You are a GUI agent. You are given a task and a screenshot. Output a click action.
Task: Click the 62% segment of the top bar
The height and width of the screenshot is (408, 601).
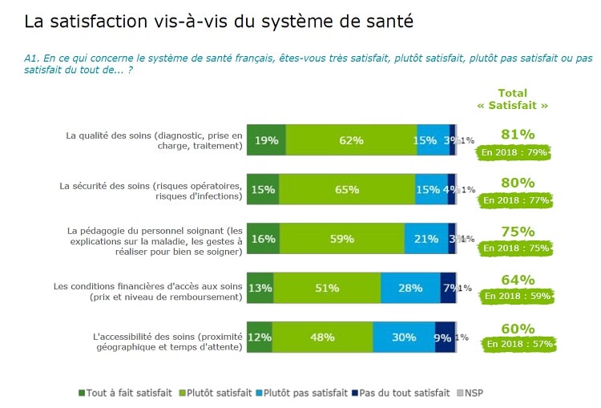(351, 140)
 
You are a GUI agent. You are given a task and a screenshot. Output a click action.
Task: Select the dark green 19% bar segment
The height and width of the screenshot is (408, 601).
(266, 140)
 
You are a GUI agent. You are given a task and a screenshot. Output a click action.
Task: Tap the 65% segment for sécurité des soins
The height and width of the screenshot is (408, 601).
(347, 189)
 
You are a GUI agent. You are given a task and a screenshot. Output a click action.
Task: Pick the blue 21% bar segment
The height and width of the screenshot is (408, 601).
(426, 239)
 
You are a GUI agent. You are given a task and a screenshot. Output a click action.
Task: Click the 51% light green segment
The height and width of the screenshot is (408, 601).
(326, 288)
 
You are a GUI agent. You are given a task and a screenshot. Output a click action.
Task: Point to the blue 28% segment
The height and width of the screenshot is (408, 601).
(410, 288)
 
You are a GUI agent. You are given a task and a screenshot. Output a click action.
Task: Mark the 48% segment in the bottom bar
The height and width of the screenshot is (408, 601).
(322, 337)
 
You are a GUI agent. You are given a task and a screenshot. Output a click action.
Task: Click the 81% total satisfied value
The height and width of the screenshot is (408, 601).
(517, 135)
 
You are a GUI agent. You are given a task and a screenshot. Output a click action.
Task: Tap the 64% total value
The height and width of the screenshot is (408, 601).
(517, 280)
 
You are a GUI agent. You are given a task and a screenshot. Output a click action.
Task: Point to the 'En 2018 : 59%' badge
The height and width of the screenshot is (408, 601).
(517, 297)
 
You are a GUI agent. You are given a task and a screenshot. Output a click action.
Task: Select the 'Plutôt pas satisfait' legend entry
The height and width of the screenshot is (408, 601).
(307, 393)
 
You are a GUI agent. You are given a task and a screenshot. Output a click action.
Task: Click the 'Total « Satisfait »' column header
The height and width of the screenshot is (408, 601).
(513, 99)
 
